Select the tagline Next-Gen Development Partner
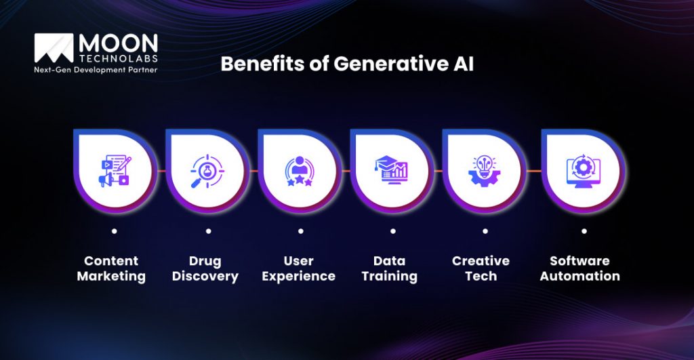[x=96, y=70]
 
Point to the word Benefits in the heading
[x=260, y=63]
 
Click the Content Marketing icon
[x=115, y=170]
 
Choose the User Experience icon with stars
[x=299, y=170]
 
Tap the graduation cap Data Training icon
[x=391, y=170]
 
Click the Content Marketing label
[x=111, y=268]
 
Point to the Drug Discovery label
[x=205, y=268]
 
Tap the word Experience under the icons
[x=299, y=277]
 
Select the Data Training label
[x=390, y=268]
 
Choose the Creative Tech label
[x=481, y=268]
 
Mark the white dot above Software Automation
[x=584, y=231]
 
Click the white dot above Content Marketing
[x=114, y=231]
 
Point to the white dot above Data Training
[x=392, y=231]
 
